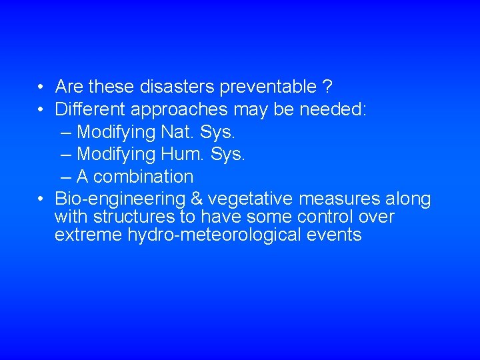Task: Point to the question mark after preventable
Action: click(327, 87)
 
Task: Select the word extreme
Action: click(89, 235)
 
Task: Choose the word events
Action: click(338, 235)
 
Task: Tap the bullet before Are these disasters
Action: click(41, 87)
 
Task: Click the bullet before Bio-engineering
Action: click(41, 199)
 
